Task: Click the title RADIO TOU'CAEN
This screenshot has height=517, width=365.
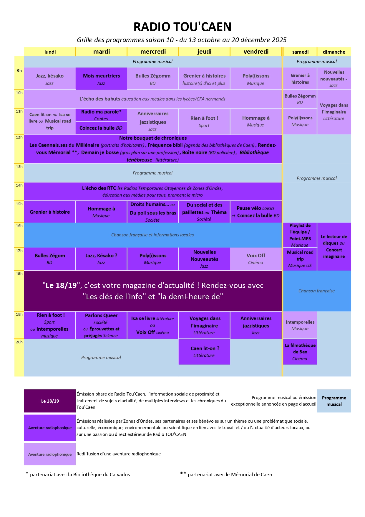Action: click(x=182, y=27)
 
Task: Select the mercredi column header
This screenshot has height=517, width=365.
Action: click(x=153, y=52)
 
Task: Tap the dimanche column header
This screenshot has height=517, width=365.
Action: click(x=334, y=52)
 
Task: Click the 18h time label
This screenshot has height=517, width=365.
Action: click(x=19, y=274)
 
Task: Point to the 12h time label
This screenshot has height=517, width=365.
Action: click(x=19, y=137)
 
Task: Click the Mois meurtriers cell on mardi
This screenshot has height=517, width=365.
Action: click(x=101, y=79)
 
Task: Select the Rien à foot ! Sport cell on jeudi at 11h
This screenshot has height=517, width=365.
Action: click(x=204, y=121)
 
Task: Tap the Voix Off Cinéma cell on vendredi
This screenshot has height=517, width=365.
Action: click(x=256, y=259)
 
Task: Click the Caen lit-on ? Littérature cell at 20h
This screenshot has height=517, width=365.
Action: click(x=204, y=352)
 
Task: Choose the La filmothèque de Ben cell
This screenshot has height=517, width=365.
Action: click(x=300, y=352)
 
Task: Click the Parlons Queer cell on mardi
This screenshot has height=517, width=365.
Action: click(x=101, y=325)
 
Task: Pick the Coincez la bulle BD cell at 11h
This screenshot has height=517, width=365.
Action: click(x=101, y=128)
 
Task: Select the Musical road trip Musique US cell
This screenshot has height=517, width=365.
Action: click(x=300, y=259)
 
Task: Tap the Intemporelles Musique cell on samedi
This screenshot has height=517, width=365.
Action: click(x=300, y=325)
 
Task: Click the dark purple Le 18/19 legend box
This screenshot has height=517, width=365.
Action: click(x=50, y=401)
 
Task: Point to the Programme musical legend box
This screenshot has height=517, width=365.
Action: click(x=334, y=401)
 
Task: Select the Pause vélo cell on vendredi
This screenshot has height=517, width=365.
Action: click(x=256, y=212)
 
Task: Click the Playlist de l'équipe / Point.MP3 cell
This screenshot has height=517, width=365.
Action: click(x=300, y=235)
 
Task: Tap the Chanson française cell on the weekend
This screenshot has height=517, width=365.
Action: click(x=316, y=291)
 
